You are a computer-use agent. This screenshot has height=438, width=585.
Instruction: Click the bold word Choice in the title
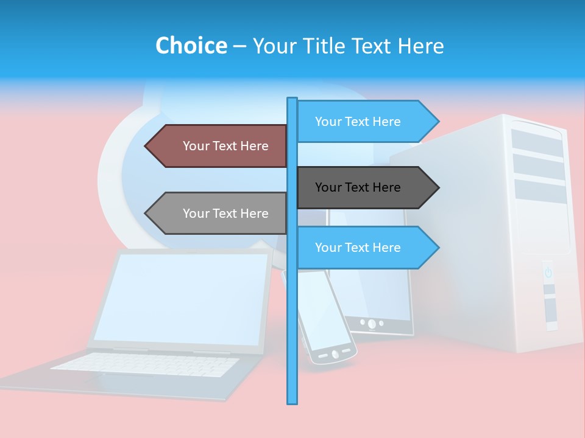[x=191, y=46]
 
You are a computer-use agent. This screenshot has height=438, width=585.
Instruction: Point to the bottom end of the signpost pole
[x=292, y=400]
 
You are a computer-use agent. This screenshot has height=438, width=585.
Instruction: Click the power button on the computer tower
[x=548, y=273]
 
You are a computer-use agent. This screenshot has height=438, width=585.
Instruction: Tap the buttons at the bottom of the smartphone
[x=334, y=353]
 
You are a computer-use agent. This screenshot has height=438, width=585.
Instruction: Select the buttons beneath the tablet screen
[x=371, y=323]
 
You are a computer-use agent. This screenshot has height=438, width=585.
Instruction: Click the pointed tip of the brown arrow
[x=146, y=146]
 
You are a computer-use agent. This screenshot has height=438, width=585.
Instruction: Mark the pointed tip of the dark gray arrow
[x=438, y=187]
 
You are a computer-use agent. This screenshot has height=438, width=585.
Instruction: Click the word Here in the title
[x=421, y=46]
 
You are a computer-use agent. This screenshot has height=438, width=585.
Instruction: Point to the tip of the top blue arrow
[x=438, y=122]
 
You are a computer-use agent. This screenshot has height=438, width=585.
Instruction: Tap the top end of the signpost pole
[x=292, y=99]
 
